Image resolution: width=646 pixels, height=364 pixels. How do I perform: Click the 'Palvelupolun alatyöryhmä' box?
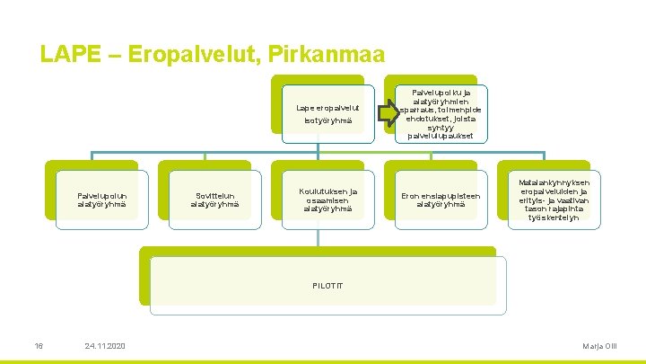pos(101,200)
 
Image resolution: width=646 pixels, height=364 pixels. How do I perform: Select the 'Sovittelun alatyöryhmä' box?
pos(214,200)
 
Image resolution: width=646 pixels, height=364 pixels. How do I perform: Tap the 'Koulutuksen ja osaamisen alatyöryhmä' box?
pos(327,200)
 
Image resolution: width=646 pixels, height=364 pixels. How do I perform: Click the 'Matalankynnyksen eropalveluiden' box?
pos(554,200)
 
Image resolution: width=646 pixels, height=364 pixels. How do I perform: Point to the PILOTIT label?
pos(327,285)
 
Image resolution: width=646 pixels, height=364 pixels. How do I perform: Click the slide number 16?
pos(39,347)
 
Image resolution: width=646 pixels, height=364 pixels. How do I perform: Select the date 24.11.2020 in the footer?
pos(105,347)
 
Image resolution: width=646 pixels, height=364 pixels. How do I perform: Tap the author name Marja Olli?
pos(599,347)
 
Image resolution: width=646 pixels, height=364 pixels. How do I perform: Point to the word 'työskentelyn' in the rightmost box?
pos(554,218)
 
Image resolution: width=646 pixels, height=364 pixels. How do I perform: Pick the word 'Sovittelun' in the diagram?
pos(214,194)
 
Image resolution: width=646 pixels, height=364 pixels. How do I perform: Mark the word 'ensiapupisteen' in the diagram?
pos(453,194)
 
